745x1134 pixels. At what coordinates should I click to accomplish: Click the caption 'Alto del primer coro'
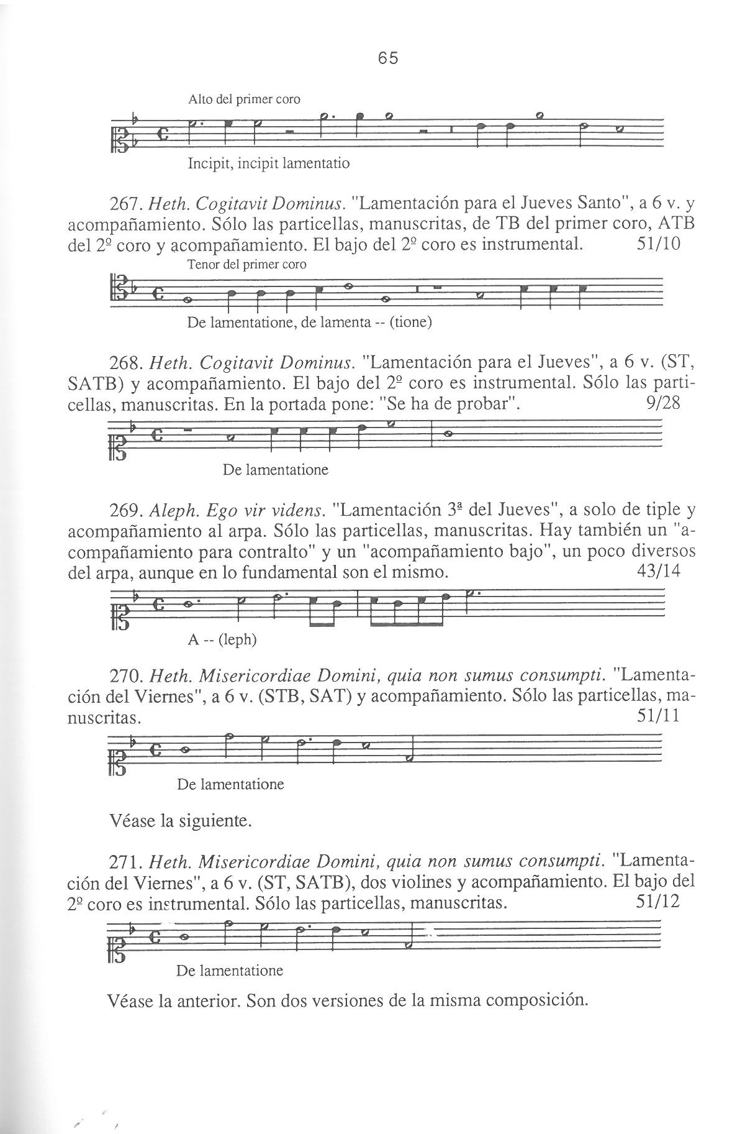tap(244, 99)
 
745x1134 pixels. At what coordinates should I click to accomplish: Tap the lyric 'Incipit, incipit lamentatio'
tap(268, 164)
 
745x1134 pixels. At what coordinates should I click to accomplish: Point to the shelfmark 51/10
tap(659, 244)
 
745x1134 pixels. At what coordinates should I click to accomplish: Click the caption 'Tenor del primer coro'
tap(246, 264)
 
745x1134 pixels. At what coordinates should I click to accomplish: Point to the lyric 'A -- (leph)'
tap(222, 639)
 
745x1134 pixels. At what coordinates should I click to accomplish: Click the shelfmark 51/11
tap(659, 716)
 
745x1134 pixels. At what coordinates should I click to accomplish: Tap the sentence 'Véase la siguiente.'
tap(180, 821)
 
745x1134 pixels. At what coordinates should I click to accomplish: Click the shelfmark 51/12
tap(659, 902)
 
